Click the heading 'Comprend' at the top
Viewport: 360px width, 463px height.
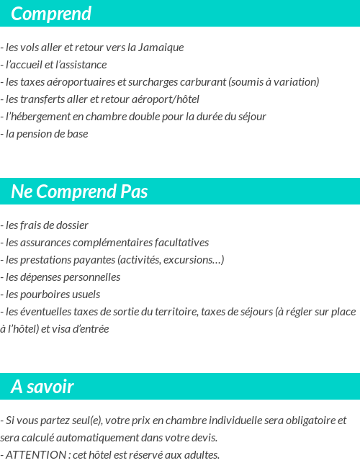point(51,14)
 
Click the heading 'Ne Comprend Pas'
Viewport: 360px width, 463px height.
point(79,192)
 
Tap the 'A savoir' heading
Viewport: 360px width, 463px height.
point(42,387)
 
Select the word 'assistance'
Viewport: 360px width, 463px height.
point(82,65)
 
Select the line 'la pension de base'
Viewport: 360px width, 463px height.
point(46,134)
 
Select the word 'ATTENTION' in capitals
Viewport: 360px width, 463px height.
point(34,454)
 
